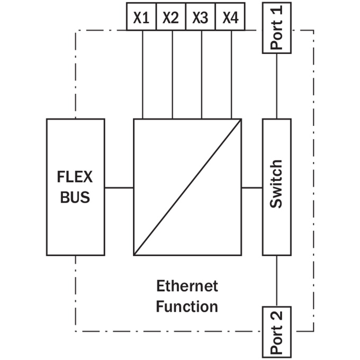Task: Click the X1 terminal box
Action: point(141,16)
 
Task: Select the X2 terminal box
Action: point(171,16)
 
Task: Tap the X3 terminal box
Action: point(201,16)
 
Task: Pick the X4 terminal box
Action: point(230,16)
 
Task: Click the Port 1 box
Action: point(277,28)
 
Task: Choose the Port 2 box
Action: point(277,332)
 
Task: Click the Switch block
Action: point(277,187)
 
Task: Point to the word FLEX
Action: point(75,177)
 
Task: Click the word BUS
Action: point(75,197)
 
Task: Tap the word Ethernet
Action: point(187,286)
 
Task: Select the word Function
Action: point(187,307)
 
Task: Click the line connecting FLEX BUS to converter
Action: point(119,187)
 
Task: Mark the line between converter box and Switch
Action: point(252,187)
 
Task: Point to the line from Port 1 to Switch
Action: point(276,86)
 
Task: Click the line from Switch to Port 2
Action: point(276,281)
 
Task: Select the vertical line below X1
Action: point(142,75)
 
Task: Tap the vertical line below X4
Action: point(231,75)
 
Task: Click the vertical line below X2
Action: point(173,75)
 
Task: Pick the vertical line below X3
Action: point(202,75)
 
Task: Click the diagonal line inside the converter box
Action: point(187,187)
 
